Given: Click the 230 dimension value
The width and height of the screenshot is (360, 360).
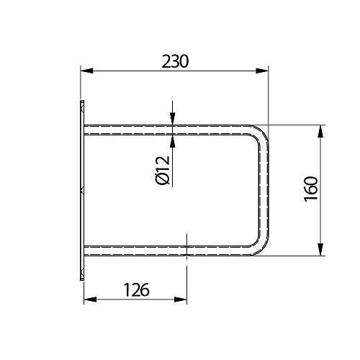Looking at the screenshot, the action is click(x=176, y=61).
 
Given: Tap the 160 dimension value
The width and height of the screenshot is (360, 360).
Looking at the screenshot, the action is click(x=311, y=189).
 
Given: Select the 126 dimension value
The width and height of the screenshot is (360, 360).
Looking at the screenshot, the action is click(x=137, y=289).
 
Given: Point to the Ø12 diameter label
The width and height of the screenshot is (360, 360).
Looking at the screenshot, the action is click(x=163, y=170).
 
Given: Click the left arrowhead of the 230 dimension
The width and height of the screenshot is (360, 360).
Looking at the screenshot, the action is click(x=86, y=71).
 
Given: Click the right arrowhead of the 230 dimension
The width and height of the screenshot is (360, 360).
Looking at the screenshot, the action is click(x=262, y=71).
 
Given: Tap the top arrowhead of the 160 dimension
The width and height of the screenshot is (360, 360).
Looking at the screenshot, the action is click(x=320, y=131).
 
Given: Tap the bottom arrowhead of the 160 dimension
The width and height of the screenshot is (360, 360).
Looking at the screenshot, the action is click(x=320, y=249).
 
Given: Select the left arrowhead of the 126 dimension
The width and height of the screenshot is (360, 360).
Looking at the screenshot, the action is click(x=90, y=300).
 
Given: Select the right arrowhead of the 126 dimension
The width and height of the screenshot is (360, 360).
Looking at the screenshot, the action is click(x=180, y=300).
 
